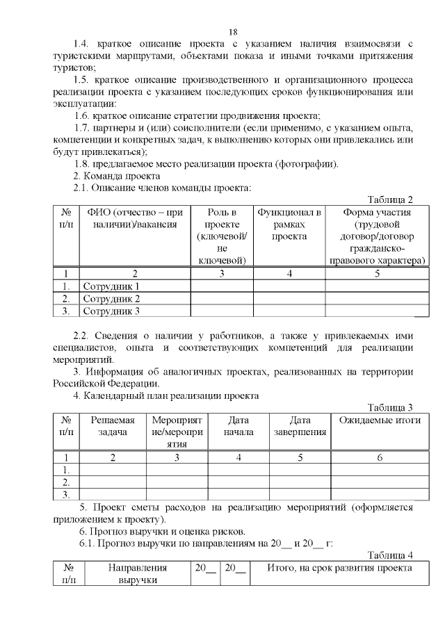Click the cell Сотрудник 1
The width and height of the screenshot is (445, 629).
(111, 286)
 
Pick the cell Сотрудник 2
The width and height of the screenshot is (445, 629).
(111, 299)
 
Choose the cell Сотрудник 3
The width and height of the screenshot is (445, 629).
(111, 311)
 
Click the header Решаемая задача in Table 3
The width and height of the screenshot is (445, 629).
(113, 426)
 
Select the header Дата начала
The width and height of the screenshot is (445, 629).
(238, 426)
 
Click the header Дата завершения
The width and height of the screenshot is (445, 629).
(300, 426)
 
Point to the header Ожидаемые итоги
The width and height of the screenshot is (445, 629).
(380, 420)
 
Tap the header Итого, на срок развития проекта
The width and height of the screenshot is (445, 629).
(340, 568)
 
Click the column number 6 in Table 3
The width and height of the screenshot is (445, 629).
(380, 457)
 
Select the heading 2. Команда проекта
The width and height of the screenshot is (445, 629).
(112, 176)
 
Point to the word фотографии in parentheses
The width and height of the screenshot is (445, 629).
(306, 164)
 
